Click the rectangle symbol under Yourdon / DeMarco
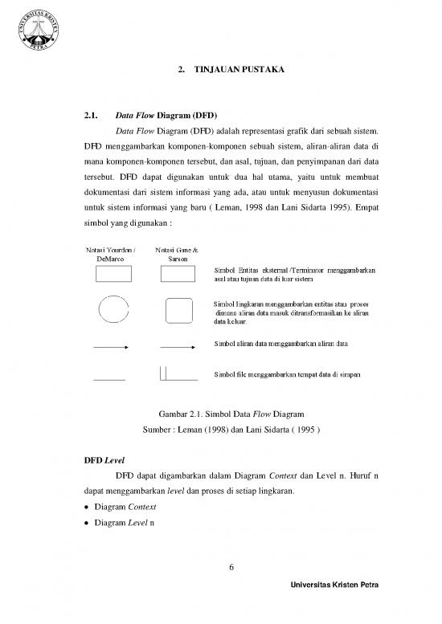pos(113,275)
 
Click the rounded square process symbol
pos(178,310)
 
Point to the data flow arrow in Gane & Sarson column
pos(178,348)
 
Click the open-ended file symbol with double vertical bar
pos(178,373)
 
